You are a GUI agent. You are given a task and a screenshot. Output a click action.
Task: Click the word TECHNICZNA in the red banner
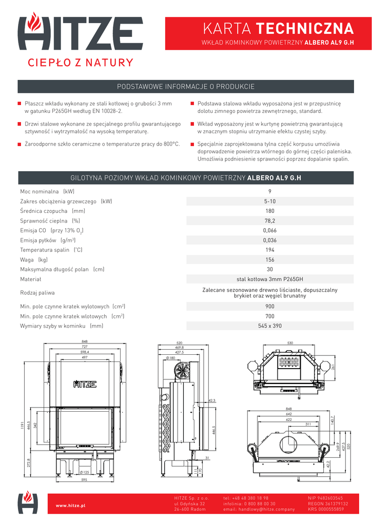pyautogui.click(x=305, y=28)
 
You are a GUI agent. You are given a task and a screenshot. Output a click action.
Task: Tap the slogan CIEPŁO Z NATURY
pyautogui.click(x=80, y=63)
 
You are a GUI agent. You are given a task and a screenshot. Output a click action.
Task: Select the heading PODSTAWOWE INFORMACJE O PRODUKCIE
pyautogui.click(x=186, y=87)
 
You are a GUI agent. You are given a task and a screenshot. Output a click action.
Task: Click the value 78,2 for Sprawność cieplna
pyautogui.click(x=270, y=220)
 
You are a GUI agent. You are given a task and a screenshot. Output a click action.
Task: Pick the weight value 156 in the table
pyautogui.click(x=270, y=259)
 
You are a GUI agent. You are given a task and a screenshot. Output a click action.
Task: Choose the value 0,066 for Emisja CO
pyautogui.click(x=270, y=230)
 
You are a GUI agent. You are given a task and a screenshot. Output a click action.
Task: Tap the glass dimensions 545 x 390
pyautogui.click(x=270, y=326)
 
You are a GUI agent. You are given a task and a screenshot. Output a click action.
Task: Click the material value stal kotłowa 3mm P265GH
pyautogui.click(x=270, y=279)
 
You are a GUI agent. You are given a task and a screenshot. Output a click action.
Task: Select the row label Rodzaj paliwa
pyautogui.click(x=37, y=293)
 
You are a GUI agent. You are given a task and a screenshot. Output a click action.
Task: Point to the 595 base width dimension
pyautogui.click(x=84, y=480)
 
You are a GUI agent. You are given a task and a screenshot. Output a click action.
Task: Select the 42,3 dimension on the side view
pyautogui.click(x=212, y=400)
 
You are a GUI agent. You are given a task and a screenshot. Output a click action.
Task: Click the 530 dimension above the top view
pyautogui.click(x=290, y=342)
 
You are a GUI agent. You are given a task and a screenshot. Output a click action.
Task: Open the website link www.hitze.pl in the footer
pyautogui.click(x=70, y=506)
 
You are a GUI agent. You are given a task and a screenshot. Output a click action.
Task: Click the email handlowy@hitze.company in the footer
pyautogui.click(x=259, y=509)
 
